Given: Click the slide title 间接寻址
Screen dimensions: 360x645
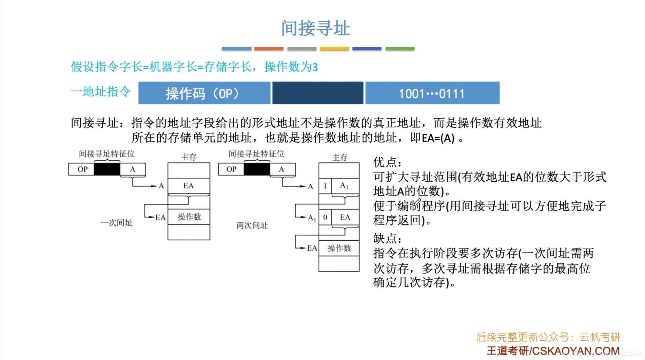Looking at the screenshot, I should (315, 28).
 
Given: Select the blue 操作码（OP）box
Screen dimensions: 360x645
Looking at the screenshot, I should (204, 93).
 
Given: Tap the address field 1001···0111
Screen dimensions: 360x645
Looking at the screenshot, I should (432, 93).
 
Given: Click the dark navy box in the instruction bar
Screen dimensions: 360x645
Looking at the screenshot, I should (318, 93).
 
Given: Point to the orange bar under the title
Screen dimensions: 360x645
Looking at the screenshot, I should (269, 49).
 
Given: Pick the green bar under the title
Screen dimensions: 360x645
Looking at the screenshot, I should (400, 49).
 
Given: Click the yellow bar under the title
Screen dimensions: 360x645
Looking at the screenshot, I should (334, 49).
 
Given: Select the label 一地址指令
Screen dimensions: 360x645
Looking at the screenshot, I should (101, 92).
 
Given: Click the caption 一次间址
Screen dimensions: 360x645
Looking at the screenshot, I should (116, 223).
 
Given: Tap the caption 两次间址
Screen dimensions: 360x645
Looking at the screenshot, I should (252, 225).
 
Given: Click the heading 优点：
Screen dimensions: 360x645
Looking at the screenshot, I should (388, 162).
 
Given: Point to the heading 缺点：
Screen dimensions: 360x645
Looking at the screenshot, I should (388, 239).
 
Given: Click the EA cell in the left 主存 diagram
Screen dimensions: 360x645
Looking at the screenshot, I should (189, 186).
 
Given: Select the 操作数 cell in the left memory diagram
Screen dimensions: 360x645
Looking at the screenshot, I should (189, 217).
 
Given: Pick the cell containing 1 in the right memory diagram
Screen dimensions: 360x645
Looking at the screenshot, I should (325, 186).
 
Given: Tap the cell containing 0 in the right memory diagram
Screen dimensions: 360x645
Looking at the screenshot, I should (325, 217).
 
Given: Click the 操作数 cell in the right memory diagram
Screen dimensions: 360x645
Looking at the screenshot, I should (339, 248).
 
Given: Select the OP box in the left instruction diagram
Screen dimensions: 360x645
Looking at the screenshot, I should (81, 169).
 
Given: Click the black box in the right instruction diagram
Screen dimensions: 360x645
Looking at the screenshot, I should (257, 169).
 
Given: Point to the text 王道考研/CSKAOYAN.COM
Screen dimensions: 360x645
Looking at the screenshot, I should (553, 351).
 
